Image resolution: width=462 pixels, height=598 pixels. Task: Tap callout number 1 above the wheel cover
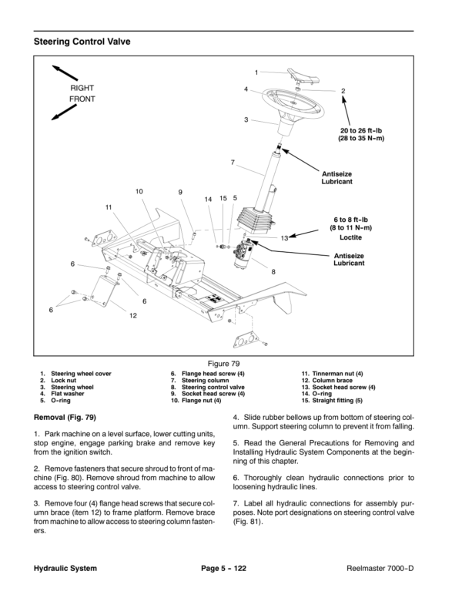tap(256, 72)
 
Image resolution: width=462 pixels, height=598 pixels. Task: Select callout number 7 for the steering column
tap(232, 163)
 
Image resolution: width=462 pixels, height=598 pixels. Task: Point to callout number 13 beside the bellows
tap(284, 238)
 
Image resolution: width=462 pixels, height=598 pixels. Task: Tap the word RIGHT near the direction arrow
tap(82, 89)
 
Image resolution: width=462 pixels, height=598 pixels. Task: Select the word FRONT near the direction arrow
tap(82, 100)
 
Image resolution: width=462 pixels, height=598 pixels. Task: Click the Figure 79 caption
tap(230, 361)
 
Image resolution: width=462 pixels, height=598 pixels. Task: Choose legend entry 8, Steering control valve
tap(207, 387)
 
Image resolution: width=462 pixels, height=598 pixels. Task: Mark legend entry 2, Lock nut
tap(64, 380)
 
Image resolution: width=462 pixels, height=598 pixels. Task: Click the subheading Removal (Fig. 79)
tap(66, 418)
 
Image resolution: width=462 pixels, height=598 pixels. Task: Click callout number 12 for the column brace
tap(133, 315)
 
